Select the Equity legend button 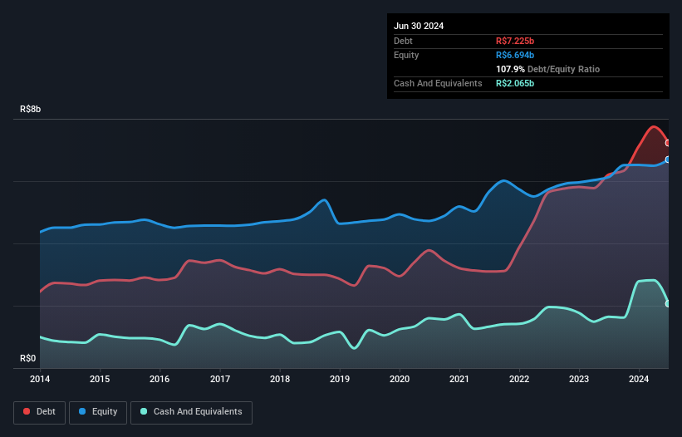click(x=98, y=411)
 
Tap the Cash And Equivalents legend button click(x=191, y=411)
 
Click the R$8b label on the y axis click(x=30, y=110)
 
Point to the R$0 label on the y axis click(x=28, y=359)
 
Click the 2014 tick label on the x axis click(x=40, y=380)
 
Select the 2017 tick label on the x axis click(x=220, y=380)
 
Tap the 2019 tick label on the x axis click(x=340, y=380)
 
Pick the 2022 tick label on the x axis click(x=519, y=380)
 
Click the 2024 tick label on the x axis click(x=639, y=380)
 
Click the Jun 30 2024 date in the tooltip click(x=419, y=26)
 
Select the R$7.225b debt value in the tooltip click(x=515, y=41)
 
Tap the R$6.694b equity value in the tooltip click(x=515, y=55)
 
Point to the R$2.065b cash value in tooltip click(x=515, y=83)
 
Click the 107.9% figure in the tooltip click(x=509, y=69)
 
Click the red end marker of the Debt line click(x=668, y=143)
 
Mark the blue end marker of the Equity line click(x=668, y=160)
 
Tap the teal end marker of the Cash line click(x=668, y=304)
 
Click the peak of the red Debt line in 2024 click(x=655, y=126)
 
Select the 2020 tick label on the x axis click(x=400, y=380)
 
